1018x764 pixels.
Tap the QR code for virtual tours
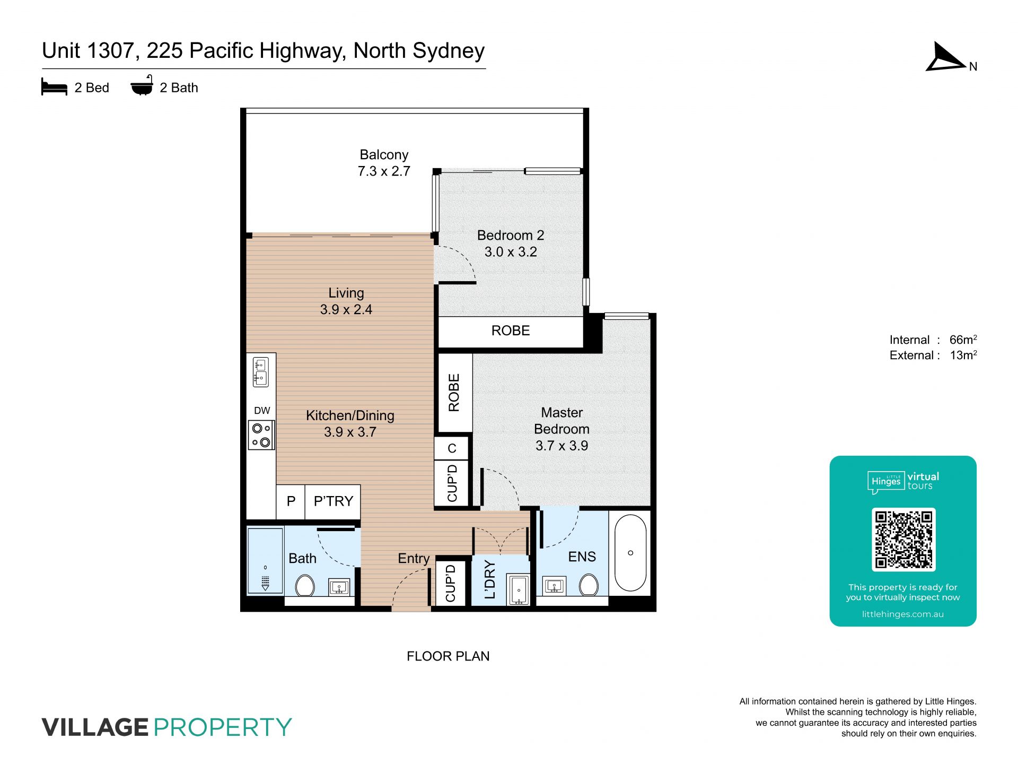(x=903, y=539)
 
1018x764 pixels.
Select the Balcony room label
(x=384, y=155)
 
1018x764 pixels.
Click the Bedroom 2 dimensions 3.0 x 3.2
(x=511, y=251)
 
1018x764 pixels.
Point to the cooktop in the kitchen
(x=261, y=435)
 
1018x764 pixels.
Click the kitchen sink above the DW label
(x=260, y=371)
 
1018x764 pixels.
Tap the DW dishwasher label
(x=262, y=411)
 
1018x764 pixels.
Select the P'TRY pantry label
(x=333, y=501)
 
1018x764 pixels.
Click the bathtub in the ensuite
(x=630, y=553)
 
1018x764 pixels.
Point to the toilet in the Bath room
(x=304, y=586)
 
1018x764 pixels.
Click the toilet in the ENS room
(x=589, y=585)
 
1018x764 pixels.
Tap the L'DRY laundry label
(x=490, y=579)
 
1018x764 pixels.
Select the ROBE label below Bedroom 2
(x=511, y=331)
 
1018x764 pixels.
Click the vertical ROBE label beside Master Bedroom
(x=454, y=393)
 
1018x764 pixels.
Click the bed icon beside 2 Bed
(x=54, y=87)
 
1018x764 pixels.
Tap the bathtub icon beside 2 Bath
(x=142, y=85)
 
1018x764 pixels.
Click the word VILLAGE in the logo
(x=95, y=727)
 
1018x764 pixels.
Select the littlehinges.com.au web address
(x=903, y=614)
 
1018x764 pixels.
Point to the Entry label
(x=414, y=559)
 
